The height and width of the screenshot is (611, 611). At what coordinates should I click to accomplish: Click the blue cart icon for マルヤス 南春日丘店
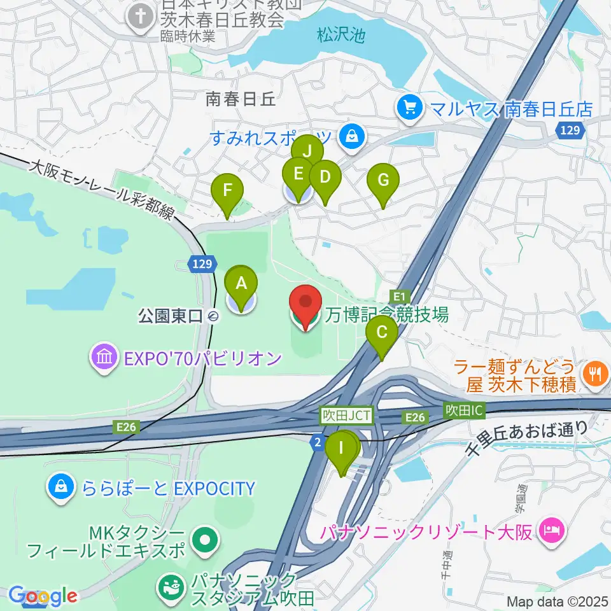(409, 106)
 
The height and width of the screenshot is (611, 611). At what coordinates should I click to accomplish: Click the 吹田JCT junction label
(344, 415)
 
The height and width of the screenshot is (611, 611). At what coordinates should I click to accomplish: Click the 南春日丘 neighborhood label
(240, 99)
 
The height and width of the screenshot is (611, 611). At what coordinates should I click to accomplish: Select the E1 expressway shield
(400, 296)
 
